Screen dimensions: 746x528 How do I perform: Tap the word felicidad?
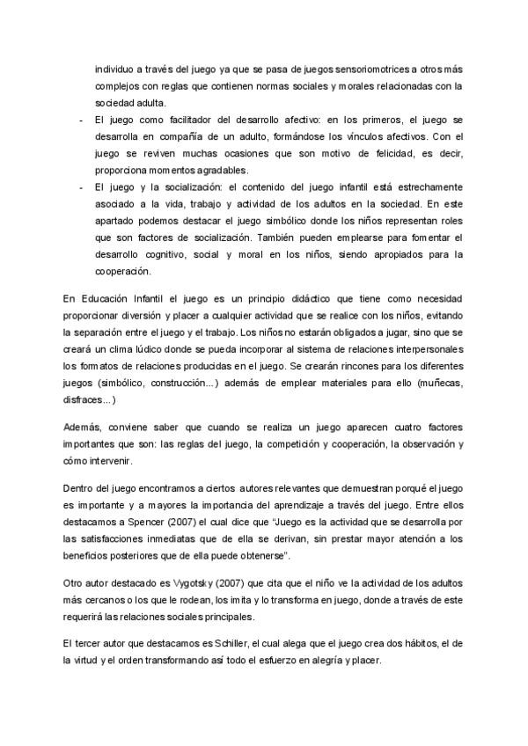[x=387, y=153]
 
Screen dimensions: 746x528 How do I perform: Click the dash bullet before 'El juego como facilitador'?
[x=81, y=121]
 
